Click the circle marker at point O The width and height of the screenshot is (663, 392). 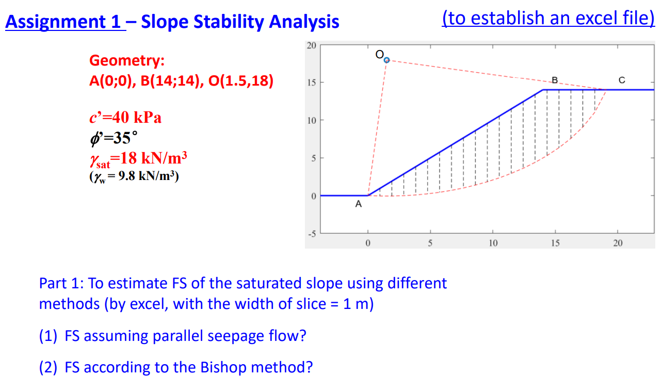387,60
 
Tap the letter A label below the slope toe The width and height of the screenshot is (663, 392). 359,205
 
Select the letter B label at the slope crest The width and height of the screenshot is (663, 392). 555,80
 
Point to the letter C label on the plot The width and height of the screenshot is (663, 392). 621,80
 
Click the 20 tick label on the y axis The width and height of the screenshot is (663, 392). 311,45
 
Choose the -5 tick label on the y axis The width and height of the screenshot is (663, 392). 311,233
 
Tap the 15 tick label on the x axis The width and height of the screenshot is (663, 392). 555,242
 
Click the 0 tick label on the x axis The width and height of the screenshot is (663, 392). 367,242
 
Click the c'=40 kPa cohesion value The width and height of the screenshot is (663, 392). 125,118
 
